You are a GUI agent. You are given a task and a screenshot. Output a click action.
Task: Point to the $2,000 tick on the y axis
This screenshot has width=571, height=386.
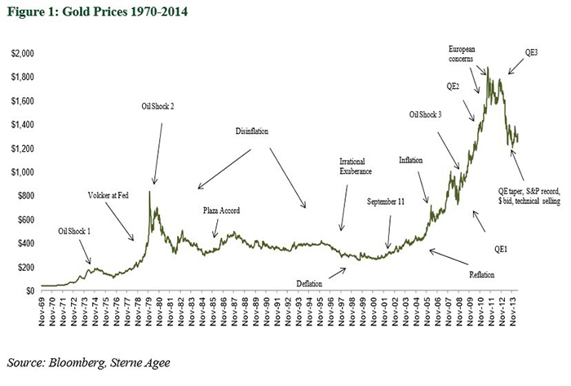click(21, 54)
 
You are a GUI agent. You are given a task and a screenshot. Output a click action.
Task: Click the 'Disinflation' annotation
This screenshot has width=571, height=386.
click(251, 131)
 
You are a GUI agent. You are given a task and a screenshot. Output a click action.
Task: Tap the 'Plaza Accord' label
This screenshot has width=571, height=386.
click(221, 211)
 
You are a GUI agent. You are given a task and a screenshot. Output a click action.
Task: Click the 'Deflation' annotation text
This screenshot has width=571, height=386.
click(312, 283)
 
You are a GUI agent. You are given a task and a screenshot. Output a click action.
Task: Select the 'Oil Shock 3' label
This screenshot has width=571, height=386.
click(425, 115)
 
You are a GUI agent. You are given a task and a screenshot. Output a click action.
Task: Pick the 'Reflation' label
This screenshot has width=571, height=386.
click(481, 274)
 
